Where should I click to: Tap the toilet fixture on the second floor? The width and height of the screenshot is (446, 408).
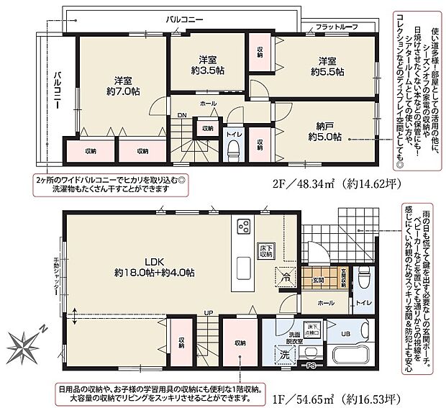232,149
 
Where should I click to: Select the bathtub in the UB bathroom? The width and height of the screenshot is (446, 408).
352,355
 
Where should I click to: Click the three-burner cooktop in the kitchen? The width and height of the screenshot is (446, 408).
242,227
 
